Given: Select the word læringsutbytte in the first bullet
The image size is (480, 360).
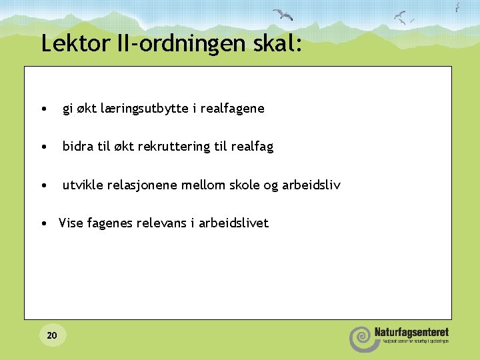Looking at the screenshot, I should pos(142,108).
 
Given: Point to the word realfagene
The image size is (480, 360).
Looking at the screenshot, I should pos(231,108).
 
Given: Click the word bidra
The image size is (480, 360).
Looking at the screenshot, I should pos(77,146).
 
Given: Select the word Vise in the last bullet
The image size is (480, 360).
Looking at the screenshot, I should pos(70,223).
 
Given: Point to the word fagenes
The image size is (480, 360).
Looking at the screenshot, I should pos(108,223).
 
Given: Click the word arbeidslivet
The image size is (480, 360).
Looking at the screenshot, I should pos(233,223).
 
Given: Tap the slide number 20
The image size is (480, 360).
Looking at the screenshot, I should pos(52,335).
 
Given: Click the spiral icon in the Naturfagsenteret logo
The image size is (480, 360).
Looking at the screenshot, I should pos(360,338).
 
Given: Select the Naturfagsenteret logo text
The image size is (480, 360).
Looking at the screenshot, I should pos(411,332).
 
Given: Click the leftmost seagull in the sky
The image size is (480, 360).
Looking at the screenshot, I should pos(283,15).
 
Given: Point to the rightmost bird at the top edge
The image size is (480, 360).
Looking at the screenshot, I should pos(457,7).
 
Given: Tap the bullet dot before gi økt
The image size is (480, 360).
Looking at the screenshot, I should pos(43,109).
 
